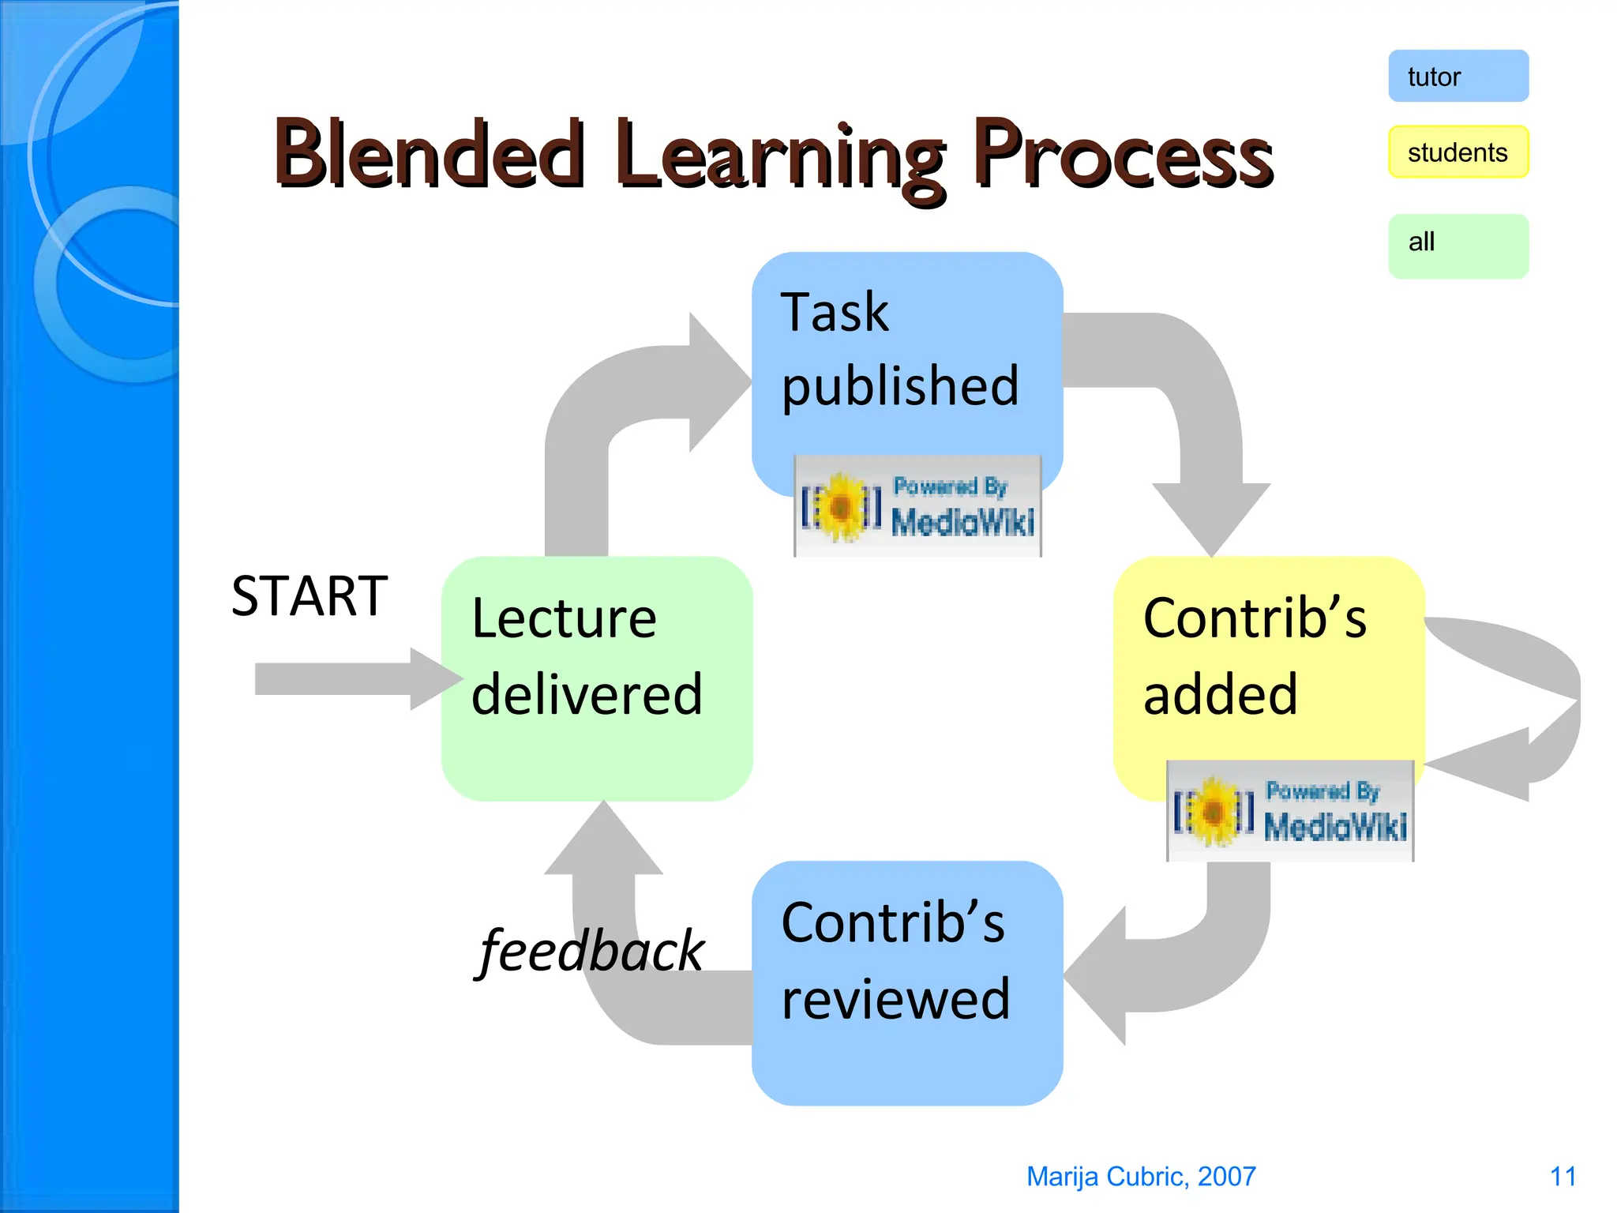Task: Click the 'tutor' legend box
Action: tap(1458, 77)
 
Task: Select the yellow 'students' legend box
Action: tap(1458, 152)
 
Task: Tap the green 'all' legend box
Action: tap(1458, 246)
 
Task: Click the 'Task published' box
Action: tap(906, 355)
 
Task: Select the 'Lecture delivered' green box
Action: tap(596, 678)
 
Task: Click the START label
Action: tap(310, 596)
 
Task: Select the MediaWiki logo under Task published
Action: tap(917, 506)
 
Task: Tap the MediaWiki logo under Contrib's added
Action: tap(1289, 811)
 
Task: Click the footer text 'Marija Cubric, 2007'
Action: tap(1140, 1176)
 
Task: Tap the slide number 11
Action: tap(1562, 1176)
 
